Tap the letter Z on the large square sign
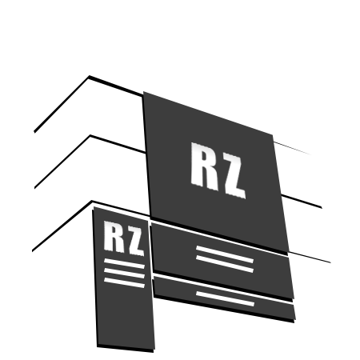point(234,177)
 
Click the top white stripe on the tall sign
point(124,263)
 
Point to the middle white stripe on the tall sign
point(124,273)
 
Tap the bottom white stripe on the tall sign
point(124,282)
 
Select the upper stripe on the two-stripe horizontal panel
point(225,254)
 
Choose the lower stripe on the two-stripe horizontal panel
point(225,264)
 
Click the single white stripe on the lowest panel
point(226,298)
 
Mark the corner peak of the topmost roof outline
point(89,76)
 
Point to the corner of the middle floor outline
point(90,135)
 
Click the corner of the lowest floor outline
point(92,201)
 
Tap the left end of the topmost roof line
point(34,131)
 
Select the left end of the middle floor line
point(35,188)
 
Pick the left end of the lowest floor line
point(33,250)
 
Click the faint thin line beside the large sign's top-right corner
point(292,148)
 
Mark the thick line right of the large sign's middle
point(302,202)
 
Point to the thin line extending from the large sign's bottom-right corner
point(310,258)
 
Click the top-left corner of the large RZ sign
point(144,92)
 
